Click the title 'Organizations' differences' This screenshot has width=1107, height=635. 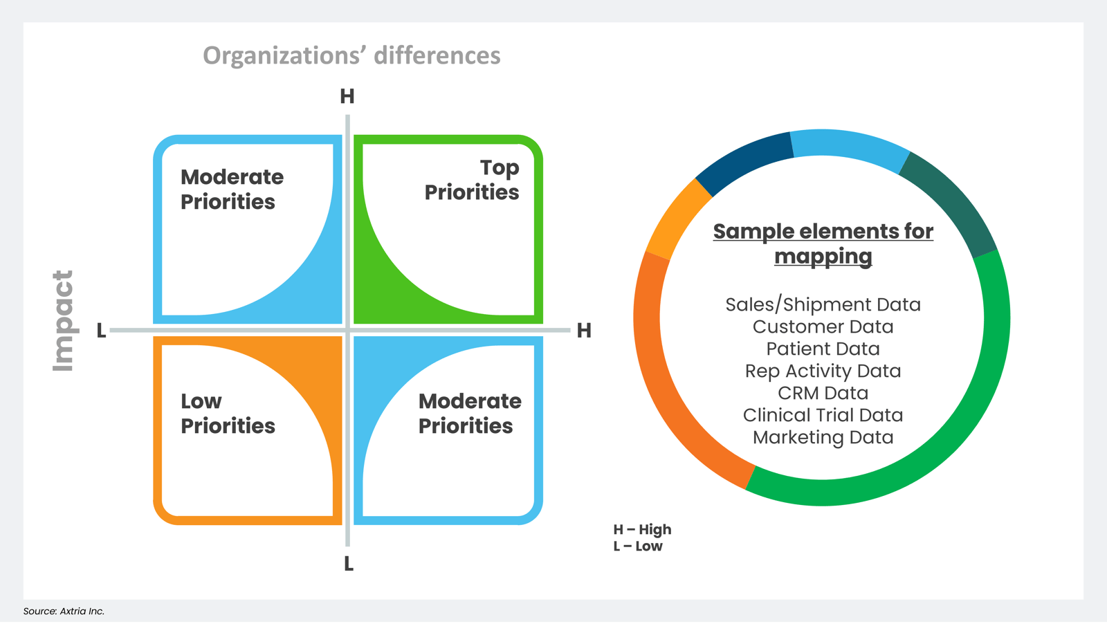[351, 55]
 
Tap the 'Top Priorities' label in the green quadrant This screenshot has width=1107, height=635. [472, 180]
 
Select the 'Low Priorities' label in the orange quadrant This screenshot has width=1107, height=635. [228, 414]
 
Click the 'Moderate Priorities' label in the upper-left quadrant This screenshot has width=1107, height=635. [232, 190]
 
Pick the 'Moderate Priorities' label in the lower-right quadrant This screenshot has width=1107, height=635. [469, 414]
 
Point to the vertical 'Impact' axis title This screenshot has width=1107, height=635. [63, 320]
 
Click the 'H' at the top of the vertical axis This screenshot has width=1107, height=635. [347, 96]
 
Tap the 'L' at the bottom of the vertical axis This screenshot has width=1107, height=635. [349, 564]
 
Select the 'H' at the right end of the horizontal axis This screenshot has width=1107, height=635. [584, 331]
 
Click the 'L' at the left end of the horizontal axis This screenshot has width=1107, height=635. [102, 331]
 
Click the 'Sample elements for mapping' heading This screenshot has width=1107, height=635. [823, 243]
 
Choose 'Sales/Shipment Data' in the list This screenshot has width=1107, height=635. [823, 304]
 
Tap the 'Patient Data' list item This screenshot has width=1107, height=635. [823, 349]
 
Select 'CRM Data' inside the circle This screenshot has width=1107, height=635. [823, 393]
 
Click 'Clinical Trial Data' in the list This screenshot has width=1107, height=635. [823, 415]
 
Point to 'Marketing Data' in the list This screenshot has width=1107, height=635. [823, 437]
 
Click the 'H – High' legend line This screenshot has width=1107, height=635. [642, 529]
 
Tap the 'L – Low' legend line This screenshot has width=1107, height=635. [637, 546]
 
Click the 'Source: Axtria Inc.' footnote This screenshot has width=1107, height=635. [64, 611]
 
